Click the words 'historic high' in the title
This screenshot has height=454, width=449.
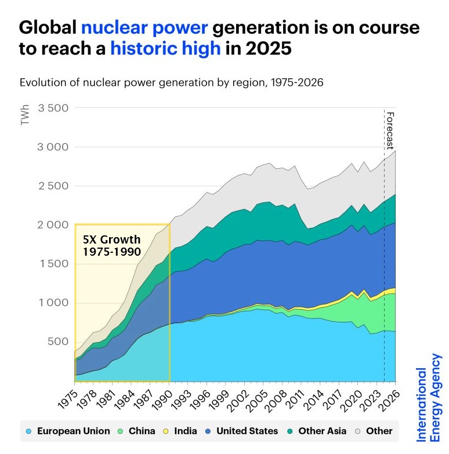click(165, 48)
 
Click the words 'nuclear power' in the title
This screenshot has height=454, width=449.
click(145, 27)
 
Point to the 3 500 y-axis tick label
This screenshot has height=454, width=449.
click(53, 108)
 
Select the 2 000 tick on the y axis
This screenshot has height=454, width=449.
click(53, 225)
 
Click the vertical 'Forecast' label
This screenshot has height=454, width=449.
click(390, 131)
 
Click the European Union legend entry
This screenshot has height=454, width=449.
click(68, 431)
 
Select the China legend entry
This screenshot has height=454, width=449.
click(137, 431)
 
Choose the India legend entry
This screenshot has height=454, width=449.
click(180, 431)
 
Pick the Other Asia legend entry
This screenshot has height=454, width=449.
click(316, 431)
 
